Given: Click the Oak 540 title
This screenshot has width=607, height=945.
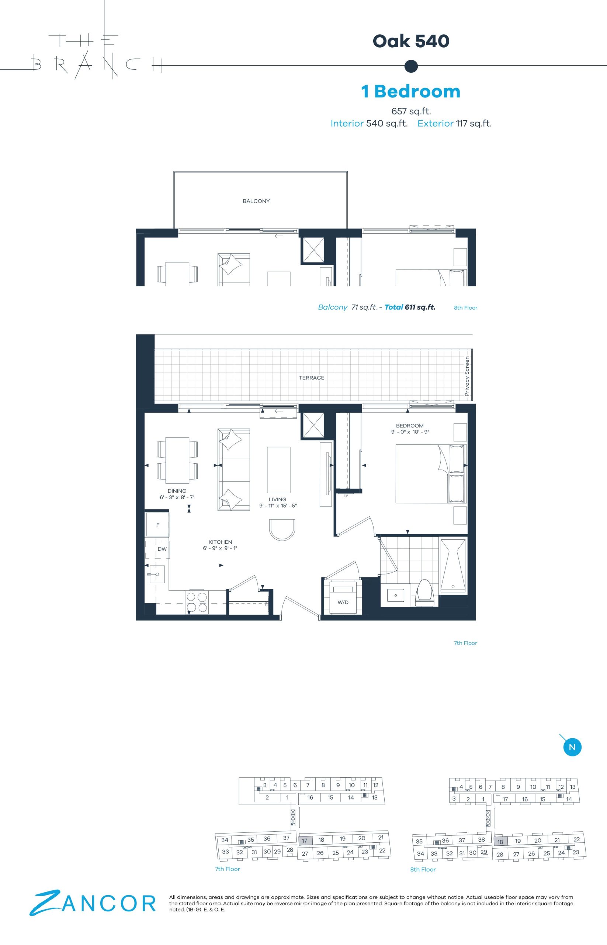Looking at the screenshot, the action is [x=411, y=41].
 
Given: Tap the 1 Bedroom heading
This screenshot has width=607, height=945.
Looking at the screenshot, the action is [x=411, y=91].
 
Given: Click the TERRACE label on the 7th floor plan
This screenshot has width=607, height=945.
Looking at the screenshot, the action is [x=311, y=378].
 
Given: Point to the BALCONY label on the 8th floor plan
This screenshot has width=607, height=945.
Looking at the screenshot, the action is [x=256, y=201].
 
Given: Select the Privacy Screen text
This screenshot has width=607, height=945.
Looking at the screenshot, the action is [x=467, y=377].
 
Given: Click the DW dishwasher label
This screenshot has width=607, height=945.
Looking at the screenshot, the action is [x=162, y=549].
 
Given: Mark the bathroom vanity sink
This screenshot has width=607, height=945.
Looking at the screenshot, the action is [x=393, y=595].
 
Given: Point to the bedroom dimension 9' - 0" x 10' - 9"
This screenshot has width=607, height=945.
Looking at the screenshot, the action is [x=410, y=432].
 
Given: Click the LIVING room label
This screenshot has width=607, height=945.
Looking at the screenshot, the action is [x=277, y=499].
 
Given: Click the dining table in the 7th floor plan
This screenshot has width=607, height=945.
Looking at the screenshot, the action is [x=177, y=460].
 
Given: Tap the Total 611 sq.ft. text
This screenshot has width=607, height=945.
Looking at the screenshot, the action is [x=410, y=307].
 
